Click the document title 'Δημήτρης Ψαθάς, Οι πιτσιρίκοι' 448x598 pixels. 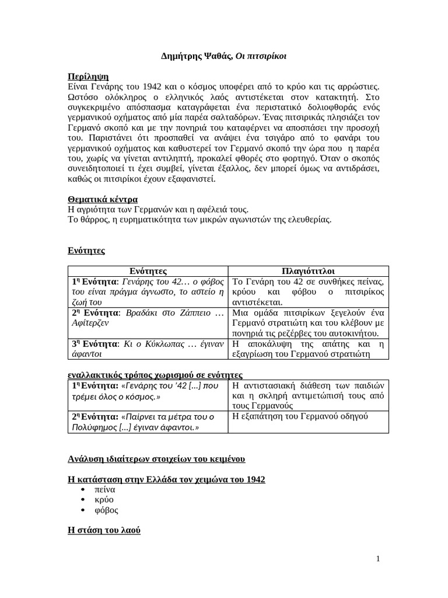[x=223, y=57]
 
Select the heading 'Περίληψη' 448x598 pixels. [x=88, y=77]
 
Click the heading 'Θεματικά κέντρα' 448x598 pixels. [x=103, y=199]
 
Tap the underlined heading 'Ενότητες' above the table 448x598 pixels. [x=86, y=251]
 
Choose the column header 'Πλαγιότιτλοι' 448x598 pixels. [x=307, y=271]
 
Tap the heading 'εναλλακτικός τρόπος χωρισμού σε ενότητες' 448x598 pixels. [x=155, y=374]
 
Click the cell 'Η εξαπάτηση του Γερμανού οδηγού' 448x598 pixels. [x=299, y=416]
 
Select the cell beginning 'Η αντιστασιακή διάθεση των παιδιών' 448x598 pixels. [x=308, y=395]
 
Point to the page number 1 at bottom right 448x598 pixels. [x=378, y=559]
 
